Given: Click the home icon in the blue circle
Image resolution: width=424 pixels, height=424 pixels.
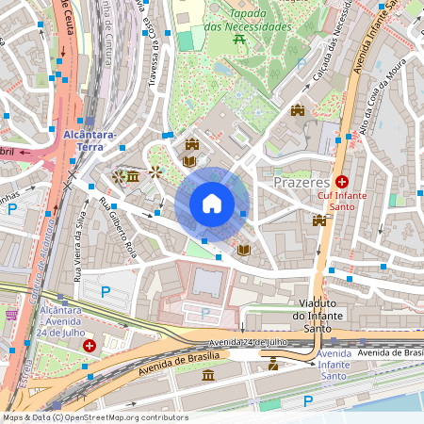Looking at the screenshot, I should click(x=212, y=204).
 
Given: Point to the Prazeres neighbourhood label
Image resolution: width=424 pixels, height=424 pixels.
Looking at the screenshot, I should click(x=302, y=181).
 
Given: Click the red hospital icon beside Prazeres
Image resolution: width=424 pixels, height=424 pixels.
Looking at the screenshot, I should click(x=343, y=180).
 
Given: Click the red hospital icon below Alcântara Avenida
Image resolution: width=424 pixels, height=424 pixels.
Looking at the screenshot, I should click(x=90, y=346).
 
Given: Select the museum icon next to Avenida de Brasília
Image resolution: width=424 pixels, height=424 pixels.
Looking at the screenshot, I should click(x=208, y=376).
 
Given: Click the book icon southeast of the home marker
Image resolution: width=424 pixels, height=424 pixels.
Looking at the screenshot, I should click(x=244, y=250).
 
